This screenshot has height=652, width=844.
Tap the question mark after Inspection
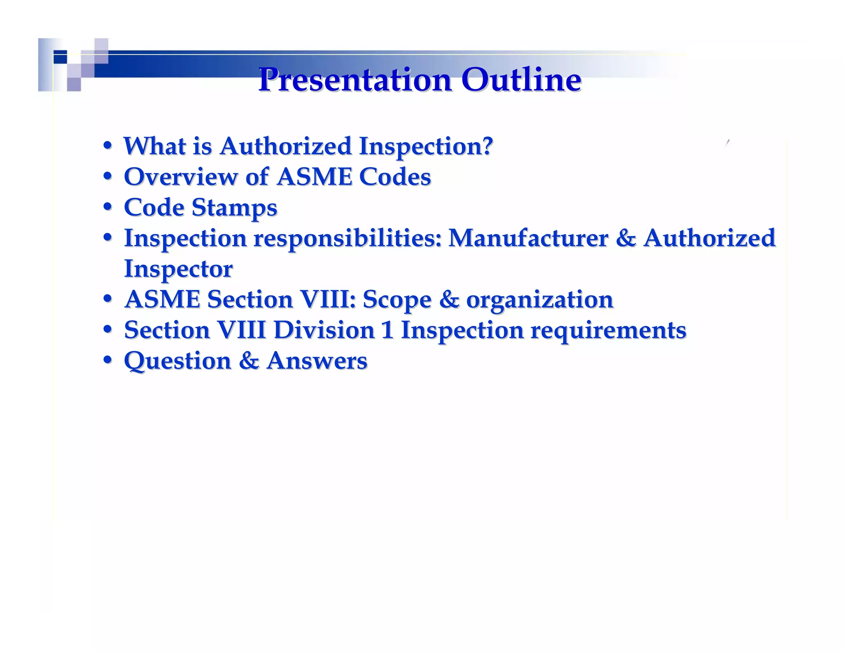pyautogui.click(x=488, y=146)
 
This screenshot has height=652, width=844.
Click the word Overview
pyautogui.click(x=181, y=177)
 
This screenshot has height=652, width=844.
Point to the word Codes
pyautogui.click(x=395, y=177)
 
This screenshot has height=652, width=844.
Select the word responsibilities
pyautogui.click(x=347, y=239)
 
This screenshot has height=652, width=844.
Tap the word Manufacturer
pyautogui.click(x=528, y=239)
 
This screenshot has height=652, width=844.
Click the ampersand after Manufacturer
pyautogui.click(x=626, y=239)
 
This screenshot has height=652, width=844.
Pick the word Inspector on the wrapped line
pyautogui.click(x=178, y=269)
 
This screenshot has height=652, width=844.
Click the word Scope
pyautogui.click(x=396, y=300)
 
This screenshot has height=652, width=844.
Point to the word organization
pyautogui.click(x=539, y=300)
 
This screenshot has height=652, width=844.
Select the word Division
pyautogui.click(x=324, y=331)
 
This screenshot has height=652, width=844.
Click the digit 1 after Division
pyautogui.click(x=387, y=331)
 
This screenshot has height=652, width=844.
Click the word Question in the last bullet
pyautogui.click(x=177, y=361)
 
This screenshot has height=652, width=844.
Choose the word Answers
pyautogui.click(x=316, y=361)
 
